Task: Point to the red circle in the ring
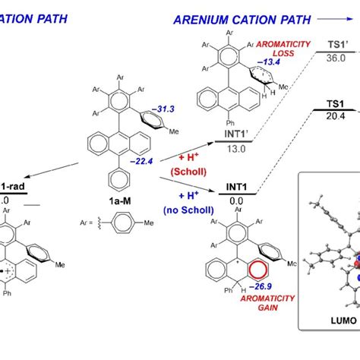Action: (x=259, y=291)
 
